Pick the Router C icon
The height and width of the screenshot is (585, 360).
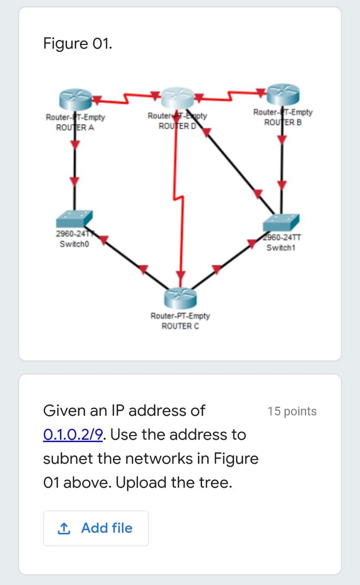click(x=180, y=297)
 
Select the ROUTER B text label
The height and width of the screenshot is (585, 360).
click(x=283, y=122)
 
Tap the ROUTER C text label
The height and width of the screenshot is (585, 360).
click(x=180, y=326)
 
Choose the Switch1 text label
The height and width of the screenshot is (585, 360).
click(x=281, y=247)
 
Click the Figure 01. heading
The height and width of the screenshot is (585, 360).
click(x=78, y=44)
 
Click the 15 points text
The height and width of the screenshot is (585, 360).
click(x=292, y=411)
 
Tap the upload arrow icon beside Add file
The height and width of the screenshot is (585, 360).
click(x=64, y=528)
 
